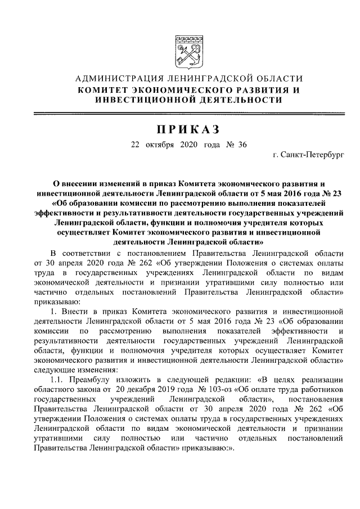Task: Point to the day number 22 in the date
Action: [x=135, y=144]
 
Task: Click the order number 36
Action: [x=242, y=144]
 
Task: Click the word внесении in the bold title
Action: [x=79, y=183]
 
